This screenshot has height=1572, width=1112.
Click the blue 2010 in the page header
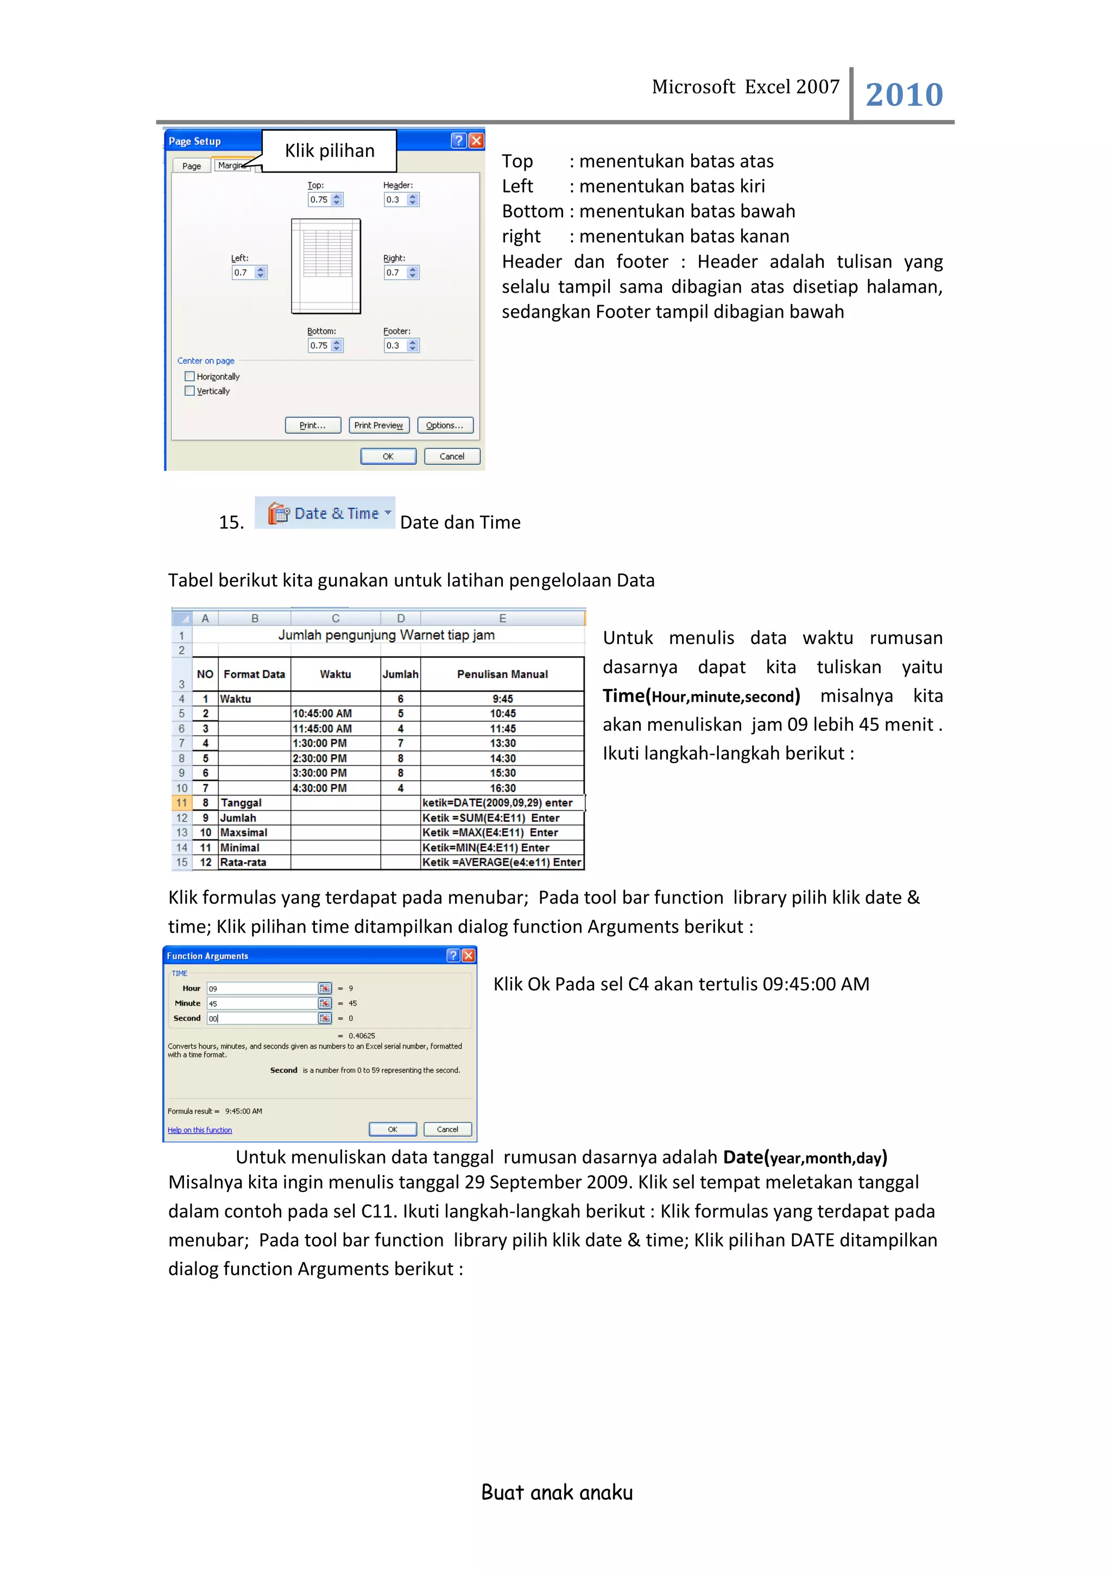click(x=904, y=94)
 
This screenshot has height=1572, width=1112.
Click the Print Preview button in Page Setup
click(x=378, y=425)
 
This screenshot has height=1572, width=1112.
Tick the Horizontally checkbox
click(x=189, y=376)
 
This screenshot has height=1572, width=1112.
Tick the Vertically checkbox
click(x=189, y=391)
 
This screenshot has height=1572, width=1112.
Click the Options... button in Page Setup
click(x=445, y=425)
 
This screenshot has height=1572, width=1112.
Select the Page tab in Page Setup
click(x=192, y=166)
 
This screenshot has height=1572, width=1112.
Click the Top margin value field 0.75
click(x=319, y=200)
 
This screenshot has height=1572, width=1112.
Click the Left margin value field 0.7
click(x=243, y=273)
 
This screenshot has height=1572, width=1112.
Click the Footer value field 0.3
click(x=395, y=346)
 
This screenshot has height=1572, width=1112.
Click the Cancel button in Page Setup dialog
click(x=452, y=456)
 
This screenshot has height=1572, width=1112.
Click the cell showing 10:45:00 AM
click(x=335, y=714)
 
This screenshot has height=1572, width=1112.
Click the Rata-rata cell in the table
click(x=254, y=862)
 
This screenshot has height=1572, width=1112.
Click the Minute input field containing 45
click(x=262, y=1003)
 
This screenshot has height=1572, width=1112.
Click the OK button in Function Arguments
click(x=393, y=1129)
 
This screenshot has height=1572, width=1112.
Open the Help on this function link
click(x=200, y=1131)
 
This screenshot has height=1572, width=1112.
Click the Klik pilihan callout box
click(x=330, y=150)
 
